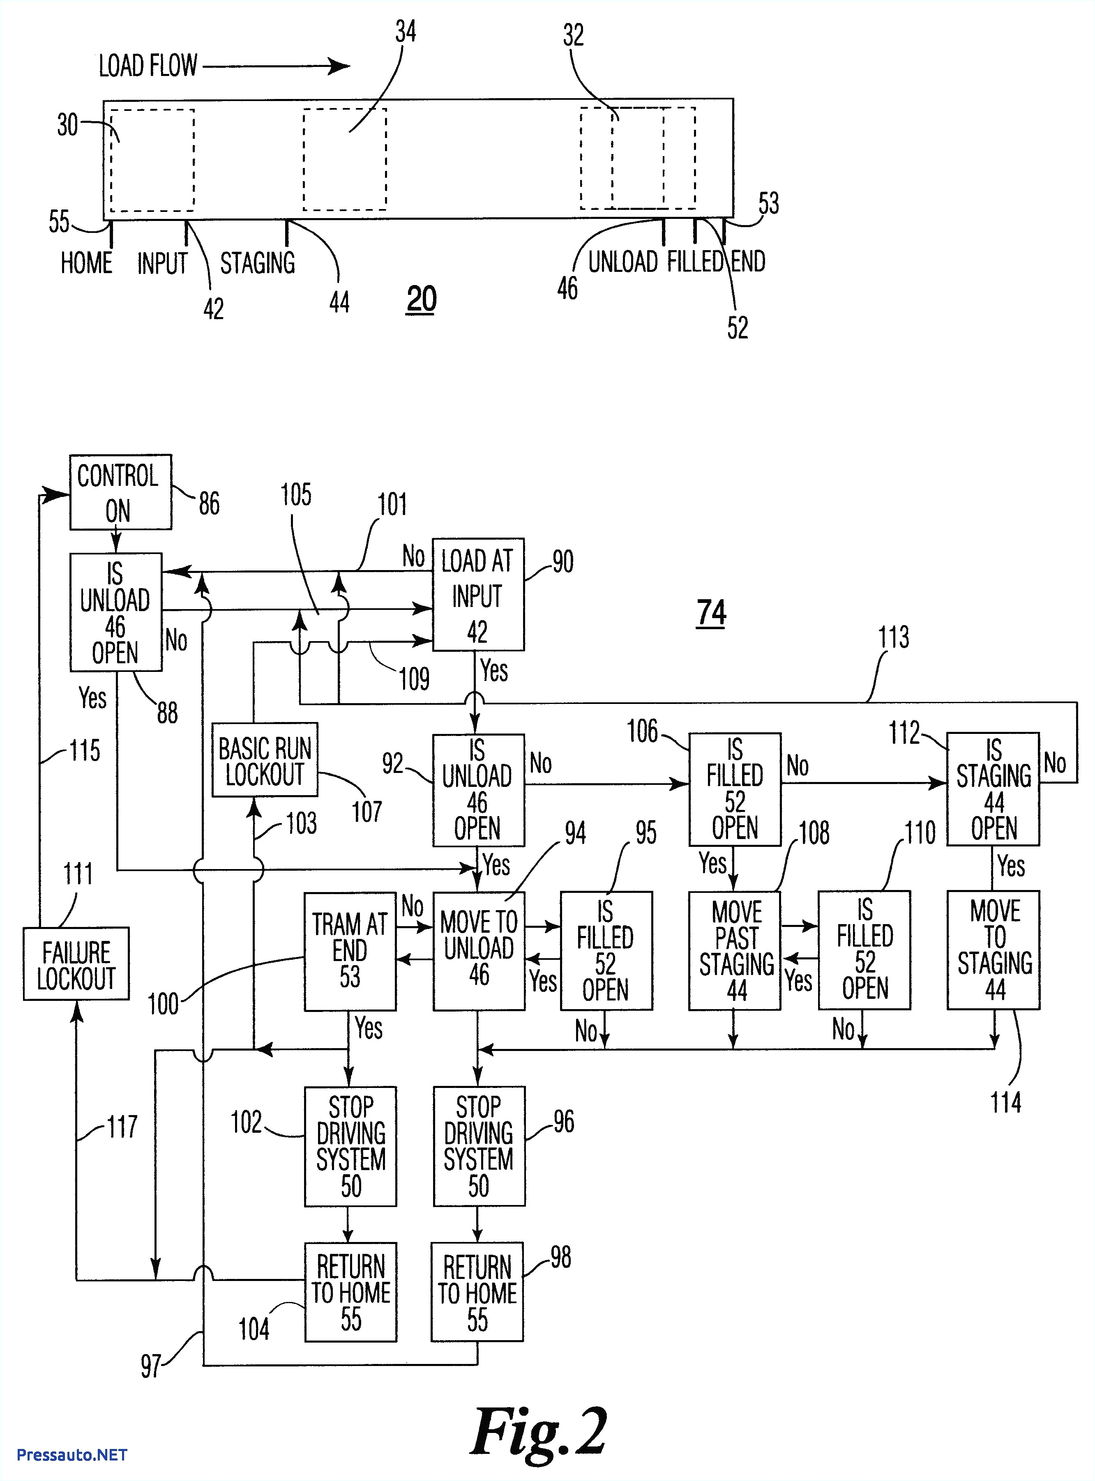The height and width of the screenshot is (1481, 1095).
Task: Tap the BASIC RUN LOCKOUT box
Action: coord(265,759)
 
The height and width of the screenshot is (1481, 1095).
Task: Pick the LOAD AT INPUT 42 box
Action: coord(477,594)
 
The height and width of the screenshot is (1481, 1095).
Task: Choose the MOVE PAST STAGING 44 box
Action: coord(734,951)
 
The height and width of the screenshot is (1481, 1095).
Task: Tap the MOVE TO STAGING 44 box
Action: coord(993,950)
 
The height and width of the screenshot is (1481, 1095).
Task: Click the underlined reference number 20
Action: coord(421,299)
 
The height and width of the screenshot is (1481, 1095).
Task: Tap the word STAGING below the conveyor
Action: coord(257,263)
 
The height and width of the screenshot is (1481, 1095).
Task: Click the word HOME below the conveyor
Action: coord(86,263)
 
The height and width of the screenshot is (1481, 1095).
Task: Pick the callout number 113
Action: coord(893,637)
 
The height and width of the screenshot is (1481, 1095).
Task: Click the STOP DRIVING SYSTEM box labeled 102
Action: coord(350,1146)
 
